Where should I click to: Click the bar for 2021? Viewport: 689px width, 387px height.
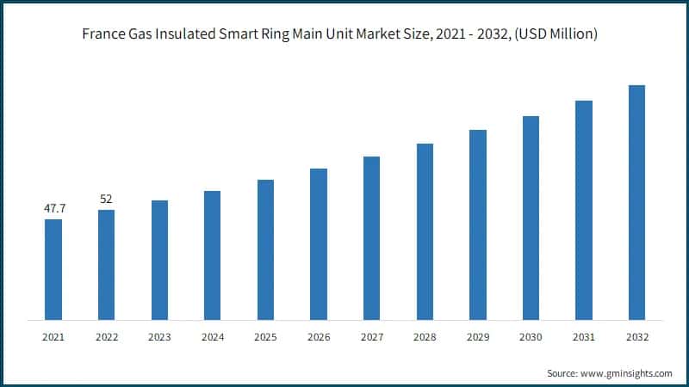[53, 269]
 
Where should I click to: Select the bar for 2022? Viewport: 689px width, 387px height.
[106, 265]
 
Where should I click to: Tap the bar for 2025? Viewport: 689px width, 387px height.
[265, 249]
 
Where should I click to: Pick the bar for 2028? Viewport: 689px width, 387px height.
[425, 231]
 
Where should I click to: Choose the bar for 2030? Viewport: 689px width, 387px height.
[531, 218]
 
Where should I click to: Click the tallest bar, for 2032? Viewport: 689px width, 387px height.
[636, 202]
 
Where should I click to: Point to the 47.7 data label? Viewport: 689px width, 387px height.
[53, 208]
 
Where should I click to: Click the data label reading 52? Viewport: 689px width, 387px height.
[106, 199]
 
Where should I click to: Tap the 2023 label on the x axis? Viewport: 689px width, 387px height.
[159, 337]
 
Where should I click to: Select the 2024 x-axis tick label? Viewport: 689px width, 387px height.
[213, 337]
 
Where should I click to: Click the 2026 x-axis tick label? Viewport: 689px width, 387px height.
[319, 337]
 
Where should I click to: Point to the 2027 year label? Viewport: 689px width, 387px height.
[371, 337]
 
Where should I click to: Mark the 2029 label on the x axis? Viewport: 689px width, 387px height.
[477, 337]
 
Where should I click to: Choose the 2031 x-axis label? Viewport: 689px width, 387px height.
[583, 337]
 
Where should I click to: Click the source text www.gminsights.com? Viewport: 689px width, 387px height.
[627, 374]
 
